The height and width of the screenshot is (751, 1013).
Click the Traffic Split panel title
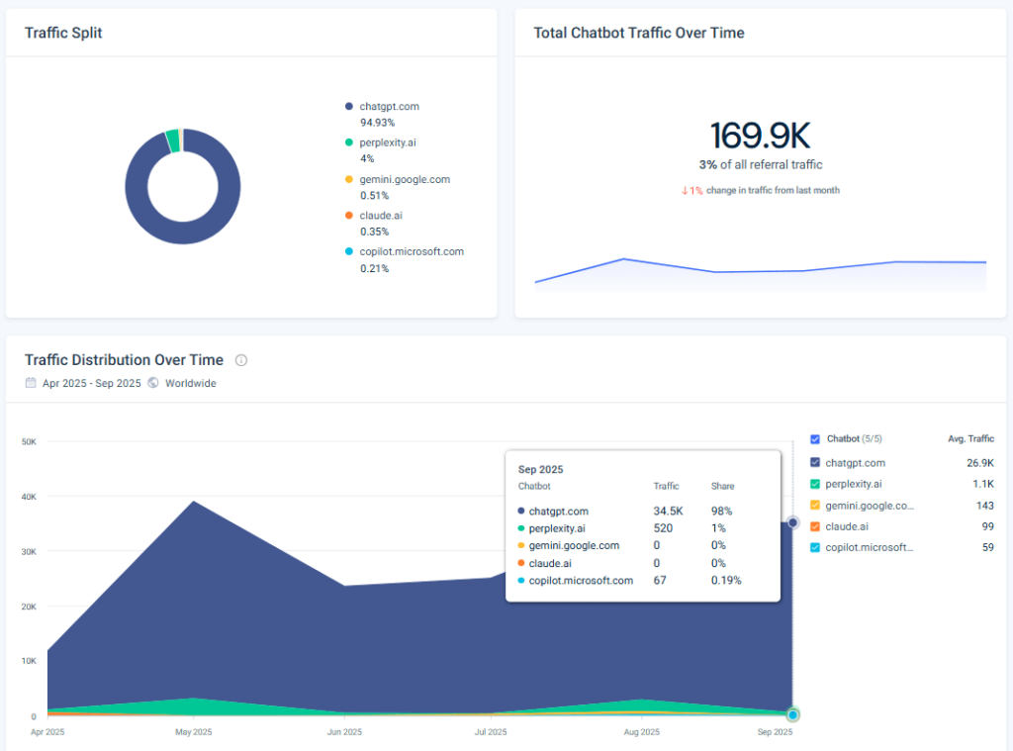click(63, 33)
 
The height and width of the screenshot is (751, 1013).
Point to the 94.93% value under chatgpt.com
click(377, 122)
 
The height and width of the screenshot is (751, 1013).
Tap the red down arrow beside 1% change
click(684, 191)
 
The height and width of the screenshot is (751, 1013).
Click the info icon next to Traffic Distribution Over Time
click(241, 360)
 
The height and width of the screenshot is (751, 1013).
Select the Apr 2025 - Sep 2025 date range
click(91, 383)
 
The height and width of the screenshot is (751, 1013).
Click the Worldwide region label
click(190, 383)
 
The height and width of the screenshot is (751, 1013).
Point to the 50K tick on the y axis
click(29, 441)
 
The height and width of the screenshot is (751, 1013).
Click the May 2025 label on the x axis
click(194, 732)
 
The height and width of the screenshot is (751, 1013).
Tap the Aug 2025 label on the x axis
click(642, 732)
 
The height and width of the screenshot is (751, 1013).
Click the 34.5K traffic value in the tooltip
click(667, 512)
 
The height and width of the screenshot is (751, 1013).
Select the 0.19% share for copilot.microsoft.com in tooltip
click(726, 581)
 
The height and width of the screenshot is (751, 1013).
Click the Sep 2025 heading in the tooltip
click(540, 469)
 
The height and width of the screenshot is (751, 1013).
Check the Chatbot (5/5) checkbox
click(815, 439)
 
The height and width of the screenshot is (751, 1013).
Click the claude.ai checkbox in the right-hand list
click(815, 526)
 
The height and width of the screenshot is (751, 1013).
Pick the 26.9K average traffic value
click(980, 463)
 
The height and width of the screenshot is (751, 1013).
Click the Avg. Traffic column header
click(970, 439)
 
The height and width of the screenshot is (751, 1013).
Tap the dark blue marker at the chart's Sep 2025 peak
click(792, 522)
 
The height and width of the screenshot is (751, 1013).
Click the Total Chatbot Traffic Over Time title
click(639, 33)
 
